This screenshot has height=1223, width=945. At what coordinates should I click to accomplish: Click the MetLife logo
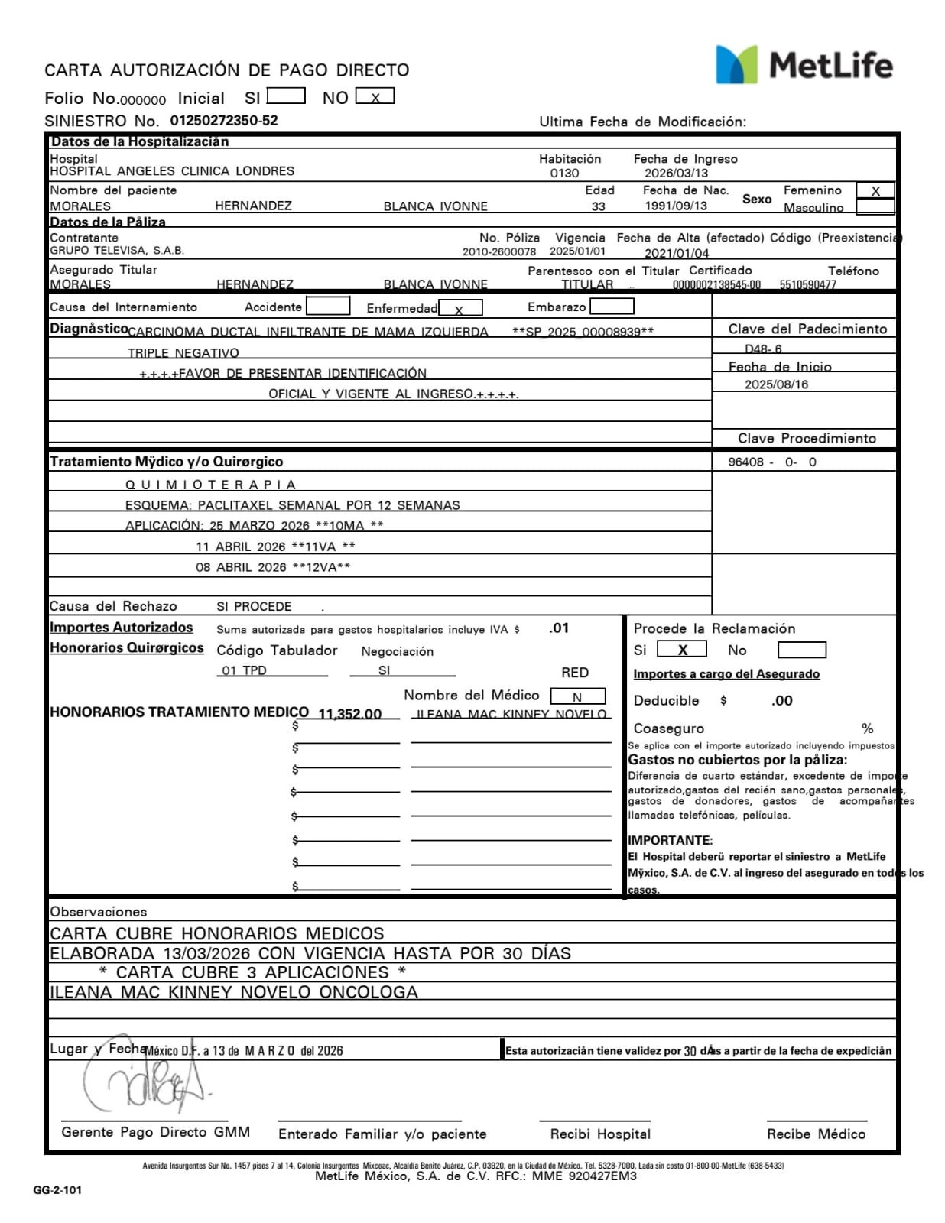(x=804, y=64)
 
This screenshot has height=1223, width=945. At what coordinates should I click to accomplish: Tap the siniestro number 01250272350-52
(x=223, y=120)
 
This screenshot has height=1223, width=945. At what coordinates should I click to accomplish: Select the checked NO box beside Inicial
(x=375, y=97)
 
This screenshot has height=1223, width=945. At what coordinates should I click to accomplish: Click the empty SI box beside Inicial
(x=286, y=96)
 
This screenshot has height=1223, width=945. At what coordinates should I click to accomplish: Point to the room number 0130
(x=564, y=173)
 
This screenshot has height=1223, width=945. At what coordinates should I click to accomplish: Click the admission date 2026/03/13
(x=676, y=173)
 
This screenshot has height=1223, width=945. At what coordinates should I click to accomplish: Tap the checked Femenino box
(x=875, y=191)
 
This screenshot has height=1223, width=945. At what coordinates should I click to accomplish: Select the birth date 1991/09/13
(x=675, y=206)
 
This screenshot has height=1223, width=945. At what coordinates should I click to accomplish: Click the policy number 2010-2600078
(x=498, y=251)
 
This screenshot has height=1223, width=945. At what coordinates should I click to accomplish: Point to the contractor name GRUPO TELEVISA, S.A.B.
(x=117, y=251)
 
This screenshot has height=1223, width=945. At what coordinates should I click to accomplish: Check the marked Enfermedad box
(x=460, y=308)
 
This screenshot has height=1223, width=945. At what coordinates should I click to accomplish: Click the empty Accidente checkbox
(x=327, y=307)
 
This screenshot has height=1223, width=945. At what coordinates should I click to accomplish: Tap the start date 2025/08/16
(x=776, y=384)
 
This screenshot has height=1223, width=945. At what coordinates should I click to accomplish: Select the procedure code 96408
(x=745, y=462)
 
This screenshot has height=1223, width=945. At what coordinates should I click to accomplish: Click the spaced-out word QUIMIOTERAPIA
(x=210, y=485)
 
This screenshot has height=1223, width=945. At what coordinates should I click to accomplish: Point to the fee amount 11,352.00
(x=349, y=713)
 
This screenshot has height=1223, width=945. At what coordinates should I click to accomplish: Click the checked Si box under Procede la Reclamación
(x=681, y=650)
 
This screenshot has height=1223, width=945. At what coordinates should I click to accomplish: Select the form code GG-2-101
(x=57, y=1190)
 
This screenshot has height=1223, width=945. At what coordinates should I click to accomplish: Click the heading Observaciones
(x=99, y=911)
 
